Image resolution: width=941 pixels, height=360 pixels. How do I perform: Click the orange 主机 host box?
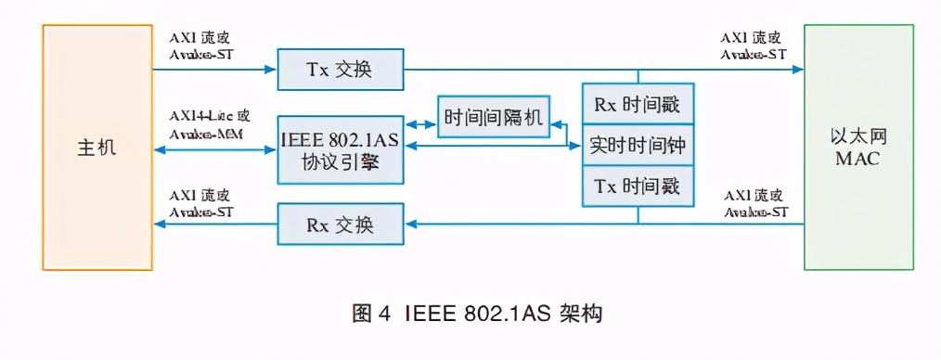(x=97, y=148)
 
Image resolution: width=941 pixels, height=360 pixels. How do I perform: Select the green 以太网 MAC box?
(x=857, y=148)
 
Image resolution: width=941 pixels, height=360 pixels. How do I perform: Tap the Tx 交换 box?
(x=340, y=70)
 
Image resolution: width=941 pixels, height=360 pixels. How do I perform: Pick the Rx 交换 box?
(x=340, y=224)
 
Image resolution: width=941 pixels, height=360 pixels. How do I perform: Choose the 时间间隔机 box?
(x=492, y=118)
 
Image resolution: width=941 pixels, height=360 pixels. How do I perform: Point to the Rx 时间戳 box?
(x=637, y=103)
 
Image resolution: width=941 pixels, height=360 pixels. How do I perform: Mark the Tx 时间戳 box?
(x=637, y=186)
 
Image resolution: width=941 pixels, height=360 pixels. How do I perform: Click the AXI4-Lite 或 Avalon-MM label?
(x=210, y=126)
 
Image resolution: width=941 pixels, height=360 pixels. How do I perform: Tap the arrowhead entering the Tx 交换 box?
(x=272, y=70)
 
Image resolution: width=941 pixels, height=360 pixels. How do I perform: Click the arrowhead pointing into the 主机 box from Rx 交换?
(x=160, y=224)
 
